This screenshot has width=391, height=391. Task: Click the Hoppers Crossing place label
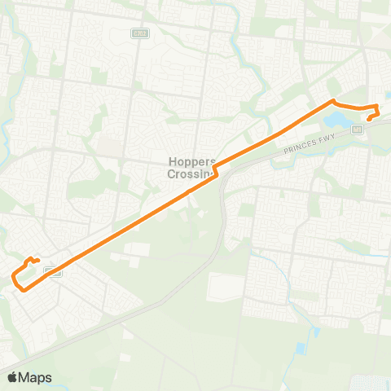190,167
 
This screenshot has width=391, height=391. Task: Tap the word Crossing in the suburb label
190,173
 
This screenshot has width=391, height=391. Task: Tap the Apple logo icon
12,377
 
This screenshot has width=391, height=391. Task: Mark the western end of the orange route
39,261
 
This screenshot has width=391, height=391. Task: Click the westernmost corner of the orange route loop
12,279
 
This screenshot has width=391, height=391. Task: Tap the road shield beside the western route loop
55,271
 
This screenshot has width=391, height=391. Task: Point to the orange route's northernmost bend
332,100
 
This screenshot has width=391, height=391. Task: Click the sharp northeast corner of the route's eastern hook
376,108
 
